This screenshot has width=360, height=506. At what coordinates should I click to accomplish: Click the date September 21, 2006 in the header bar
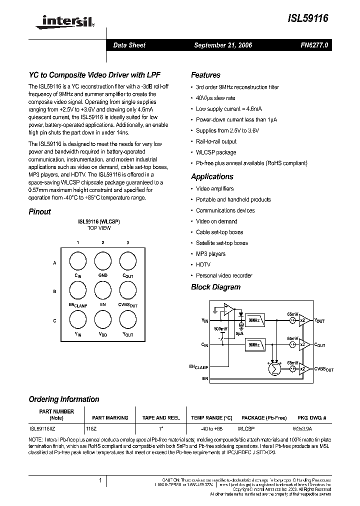click(222, 45)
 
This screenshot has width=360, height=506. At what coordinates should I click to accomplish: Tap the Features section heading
click(205, 75)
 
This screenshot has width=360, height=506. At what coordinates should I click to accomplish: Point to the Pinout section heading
click(39, 211)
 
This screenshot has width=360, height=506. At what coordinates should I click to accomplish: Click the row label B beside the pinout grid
click(54, 291)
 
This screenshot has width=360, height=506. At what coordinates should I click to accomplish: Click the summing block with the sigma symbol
click(274, 369)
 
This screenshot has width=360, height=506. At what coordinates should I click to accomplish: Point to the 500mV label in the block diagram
click(220, 328)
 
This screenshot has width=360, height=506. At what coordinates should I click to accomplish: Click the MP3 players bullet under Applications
click(210, 254)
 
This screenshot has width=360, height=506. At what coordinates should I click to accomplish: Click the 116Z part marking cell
click(91, 428)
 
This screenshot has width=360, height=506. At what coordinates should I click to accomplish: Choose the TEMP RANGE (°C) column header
click(211, 417)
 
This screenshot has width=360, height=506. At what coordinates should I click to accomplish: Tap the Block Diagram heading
click(215, 287)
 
